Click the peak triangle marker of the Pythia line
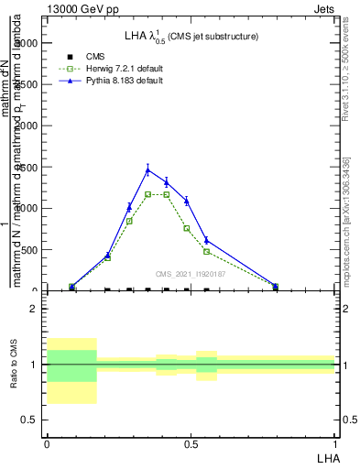pyautogui.click(x=147, y=169)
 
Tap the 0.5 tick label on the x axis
pyautogui.click(x=191, y=443)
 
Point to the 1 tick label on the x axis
pyautogui.click(x=335, y=443)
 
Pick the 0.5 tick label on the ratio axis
pyautogui.click(x=28, y=420)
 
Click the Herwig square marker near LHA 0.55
pyautogui.click(x=206, y=251)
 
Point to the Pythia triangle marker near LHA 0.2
pyautogui.click(x=107, y=255)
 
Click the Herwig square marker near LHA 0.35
pyautogui.click(x=147, y=194)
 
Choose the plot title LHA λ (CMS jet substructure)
pyautogui.click(x=191, y=36)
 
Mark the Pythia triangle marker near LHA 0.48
pyautogui.click(x=186, y=201)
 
